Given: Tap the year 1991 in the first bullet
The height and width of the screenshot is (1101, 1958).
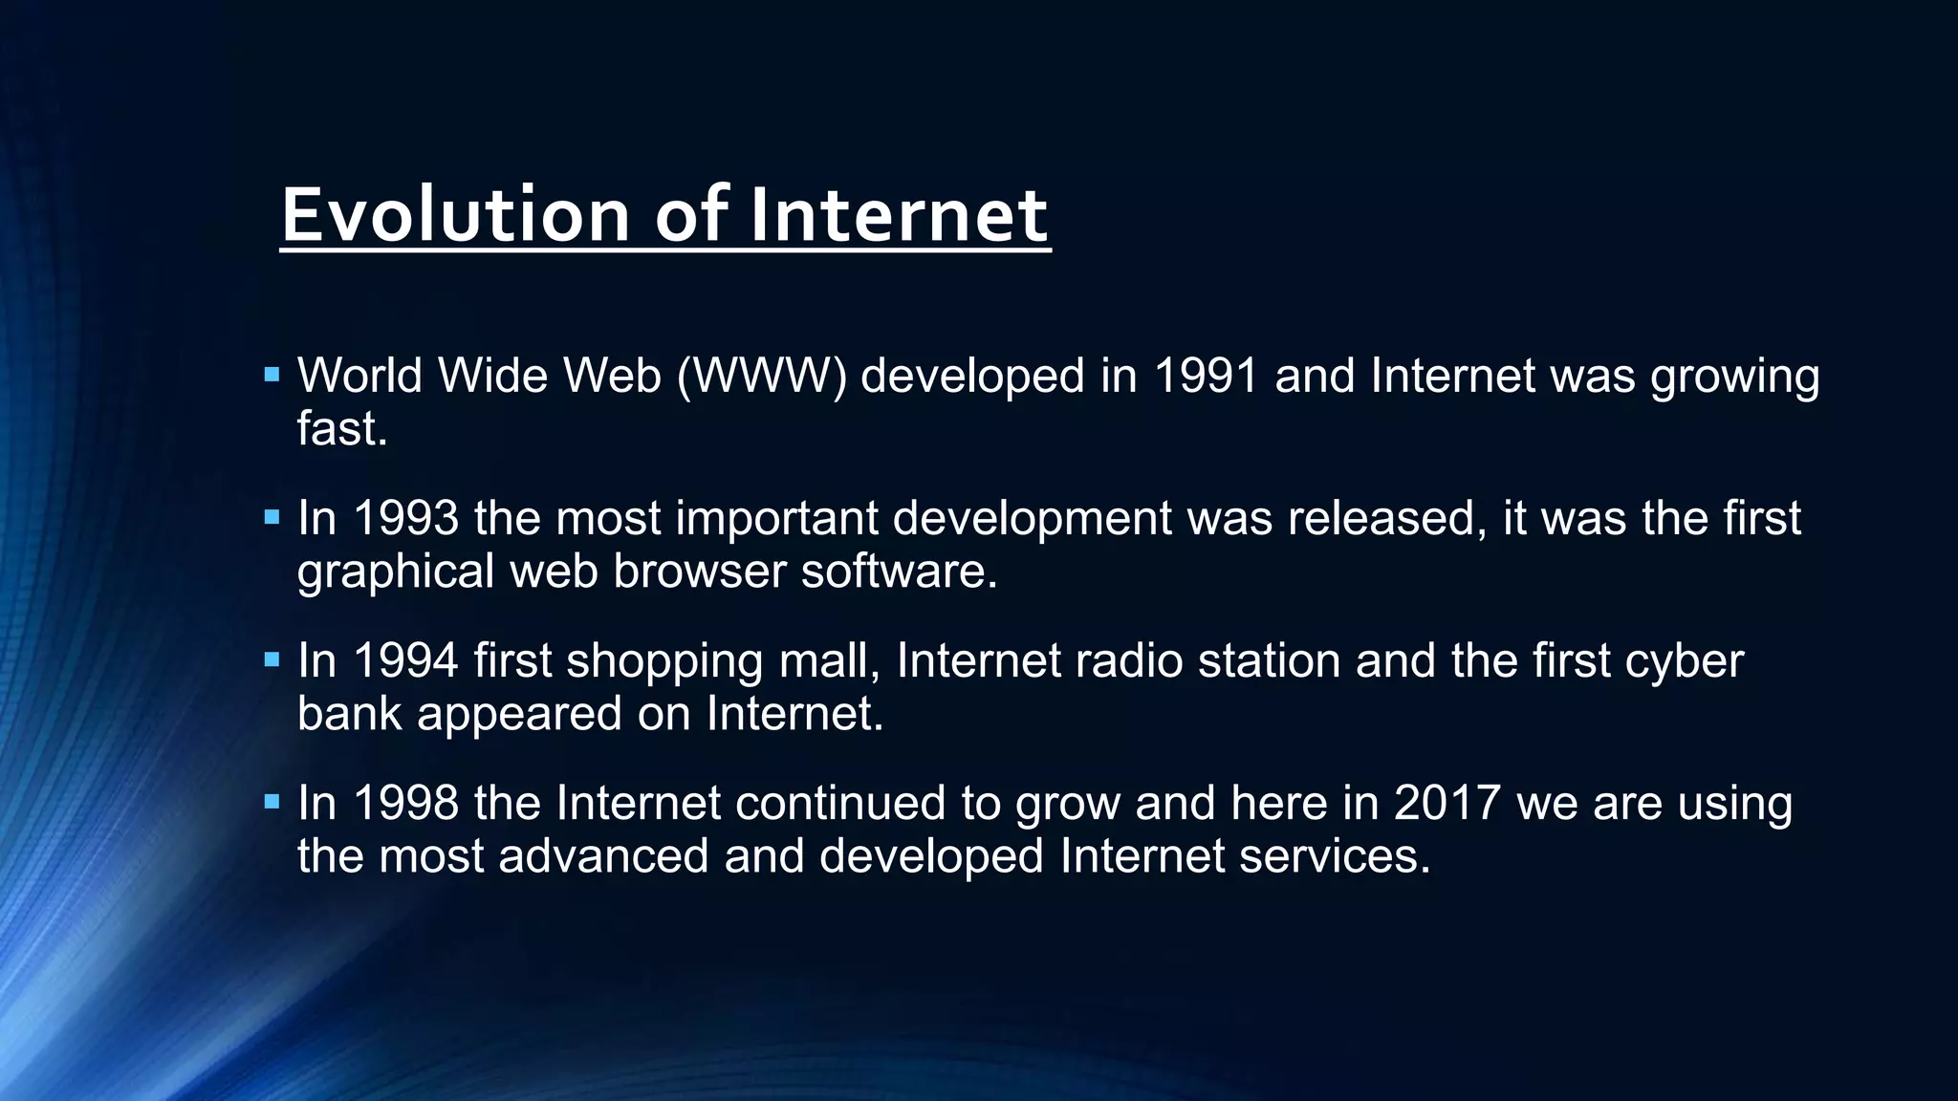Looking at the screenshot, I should click(1206, 376).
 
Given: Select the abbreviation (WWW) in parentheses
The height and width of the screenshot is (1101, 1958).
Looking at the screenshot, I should click(762, 376).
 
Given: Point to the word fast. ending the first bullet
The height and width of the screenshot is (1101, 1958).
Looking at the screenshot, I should click(342, 428).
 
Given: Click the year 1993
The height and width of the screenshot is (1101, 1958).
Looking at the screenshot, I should click(405, 518).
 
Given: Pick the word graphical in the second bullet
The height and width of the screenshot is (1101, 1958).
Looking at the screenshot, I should click(395, 572).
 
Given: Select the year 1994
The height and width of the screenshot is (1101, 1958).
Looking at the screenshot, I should click(405, 660).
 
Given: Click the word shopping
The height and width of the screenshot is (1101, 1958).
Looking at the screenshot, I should click(664, 660).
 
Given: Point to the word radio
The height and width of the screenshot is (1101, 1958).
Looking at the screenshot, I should click(1129, 660).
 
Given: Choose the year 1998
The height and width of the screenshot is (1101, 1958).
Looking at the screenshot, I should click(405, 803).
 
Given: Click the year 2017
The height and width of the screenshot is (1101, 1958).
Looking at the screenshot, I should click(1447, 803).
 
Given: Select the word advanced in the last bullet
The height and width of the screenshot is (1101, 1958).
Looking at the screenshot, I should click(603, 855).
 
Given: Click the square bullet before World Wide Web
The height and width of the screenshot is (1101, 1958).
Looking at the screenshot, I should click(272, 375).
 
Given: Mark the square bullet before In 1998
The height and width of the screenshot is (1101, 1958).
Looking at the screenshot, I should click(272, 801).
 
